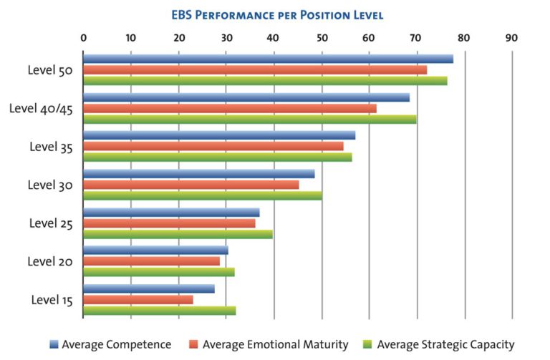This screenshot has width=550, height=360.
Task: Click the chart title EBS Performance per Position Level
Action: [276, 14]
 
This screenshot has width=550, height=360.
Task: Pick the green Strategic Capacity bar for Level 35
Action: [217, 157]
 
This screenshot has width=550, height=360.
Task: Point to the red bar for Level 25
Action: [169, 223]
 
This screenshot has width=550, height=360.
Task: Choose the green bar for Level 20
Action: [158, 272]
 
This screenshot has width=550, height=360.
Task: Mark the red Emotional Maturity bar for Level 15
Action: [137, 299]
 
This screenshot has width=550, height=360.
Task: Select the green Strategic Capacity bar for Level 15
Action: [159, 311]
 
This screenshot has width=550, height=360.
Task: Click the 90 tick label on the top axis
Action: [511, 38]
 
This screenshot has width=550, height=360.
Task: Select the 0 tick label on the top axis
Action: [84, 38]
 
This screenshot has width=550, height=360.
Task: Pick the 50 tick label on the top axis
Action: [322, 38]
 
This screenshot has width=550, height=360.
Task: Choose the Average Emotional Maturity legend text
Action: [274, 344]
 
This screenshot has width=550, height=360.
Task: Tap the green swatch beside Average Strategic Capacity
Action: [369, 344]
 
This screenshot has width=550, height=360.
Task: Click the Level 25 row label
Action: [51, 223]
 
